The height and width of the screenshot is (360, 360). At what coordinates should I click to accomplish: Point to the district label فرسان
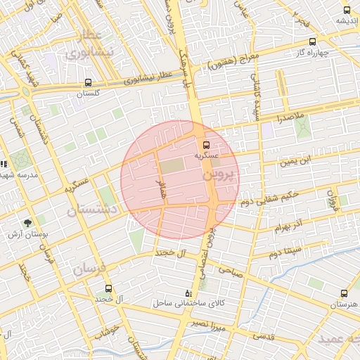(88, 269)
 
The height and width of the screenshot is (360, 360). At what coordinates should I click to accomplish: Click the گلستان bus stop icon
(88, 83)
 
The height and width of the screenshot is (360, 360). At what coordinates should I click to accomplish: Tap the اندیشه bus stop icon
(347, 10)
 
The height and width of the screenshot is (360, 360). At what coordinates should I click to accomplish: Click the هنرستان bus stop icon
(344, 293)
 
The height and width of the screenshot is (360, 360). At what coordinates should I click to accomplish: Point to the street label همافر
(161, 188)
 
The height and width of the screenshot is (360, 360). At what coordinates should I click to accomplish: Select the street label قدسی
(263, 336)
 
